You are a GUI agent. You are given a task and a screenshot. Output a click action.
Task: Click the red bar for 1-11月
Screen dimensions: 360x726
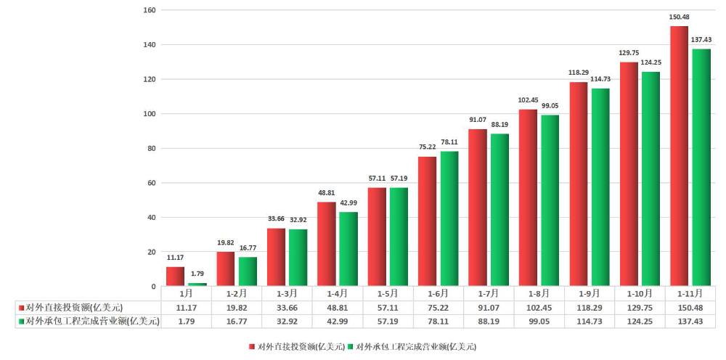click(x=679, y=156)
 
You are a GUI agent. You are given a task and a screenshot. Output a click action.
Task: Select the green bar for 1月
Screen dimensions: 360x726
click(x=197, y=285)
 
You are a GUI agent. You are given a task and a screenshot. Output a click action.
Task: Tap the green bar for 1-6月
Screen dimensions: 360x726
click(x=449, y=218)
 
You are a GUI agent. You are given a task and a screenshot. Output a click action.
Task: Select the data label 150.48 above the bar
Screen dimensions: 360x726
click(x=679, y=17)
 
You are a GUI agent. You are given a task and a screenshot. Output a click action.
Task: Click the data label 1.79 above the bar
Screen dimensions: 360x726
click(x=197, y=274)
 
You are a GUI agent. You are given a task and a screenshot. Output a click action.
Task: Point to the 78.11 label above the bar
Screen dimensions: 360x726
click(x=449, y=142)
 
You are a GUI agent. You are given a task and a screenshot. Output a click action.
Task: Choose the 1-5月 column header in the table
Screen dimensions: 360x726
click(x=388, y=294)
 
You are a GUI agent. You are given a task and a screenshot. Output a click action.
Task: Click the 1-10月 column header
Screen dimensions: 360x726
click(x=640, y=294)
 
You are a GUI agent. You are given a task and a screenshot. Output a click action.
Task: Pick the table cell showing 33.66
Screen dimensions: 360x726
click(x=287, y=307)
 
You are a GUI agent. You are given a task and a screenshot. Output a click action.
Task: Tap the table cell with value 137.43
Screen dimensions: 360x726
click(x=690, y=321)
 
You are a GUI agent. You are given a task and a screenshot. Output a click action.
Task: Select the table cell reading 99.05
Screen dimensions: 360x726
click(x=539, y=321)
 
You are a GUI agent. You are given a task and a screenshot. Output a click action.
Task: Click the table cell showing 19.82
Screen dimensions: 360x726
click(x=237, y=307)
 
